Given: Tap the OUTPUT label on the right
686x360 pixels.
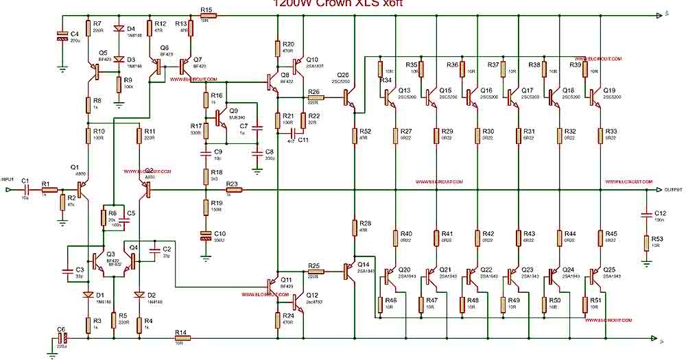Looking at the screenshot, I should point(674,189).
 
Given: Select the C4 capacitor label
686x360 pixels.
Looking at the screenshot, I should point(75,33).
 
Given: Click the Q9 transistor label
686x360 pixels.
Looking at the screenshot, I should point(234,110).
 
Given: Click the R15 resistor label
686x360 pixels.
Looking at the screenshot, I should point(206,10).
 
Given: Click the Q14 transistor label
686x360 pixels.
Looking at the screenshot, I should point(363,263).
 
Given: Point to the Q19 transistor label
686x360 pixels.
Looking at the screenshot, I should point(610,90).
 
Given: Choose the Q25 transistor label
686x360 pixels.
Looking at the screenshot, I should point(610,269).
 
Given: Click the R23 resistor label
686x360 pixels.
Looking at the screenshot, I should point(232,184).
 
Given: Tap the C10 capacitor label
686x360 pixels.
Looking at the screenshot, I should point(220,234).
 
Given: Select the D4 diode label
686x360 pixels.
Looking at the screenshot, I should point(130,29).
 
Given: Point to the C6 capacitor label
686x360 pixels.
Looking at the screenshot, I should point(62,329).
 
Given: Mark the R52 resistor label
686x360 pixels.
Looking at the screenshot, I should point(365,131).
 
